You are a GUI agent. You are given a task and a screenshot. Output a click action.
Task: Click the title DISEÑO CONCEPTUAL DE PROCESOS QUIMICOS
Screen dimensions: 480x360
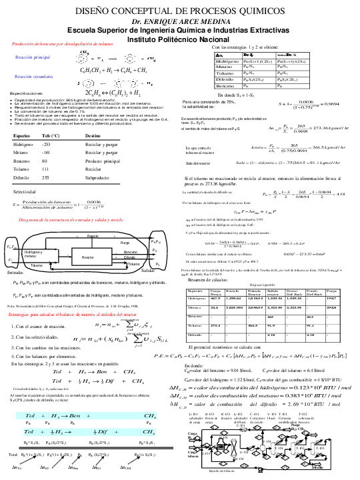coord(180,12)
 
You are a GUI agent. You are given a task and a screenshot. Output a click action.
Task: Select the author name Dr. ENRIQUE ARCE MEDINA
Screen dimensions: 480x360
coord(179,22)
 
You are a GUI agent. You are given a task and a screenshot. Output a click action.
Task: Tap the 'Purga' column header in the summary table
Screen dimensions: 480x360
coord(331,273)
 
